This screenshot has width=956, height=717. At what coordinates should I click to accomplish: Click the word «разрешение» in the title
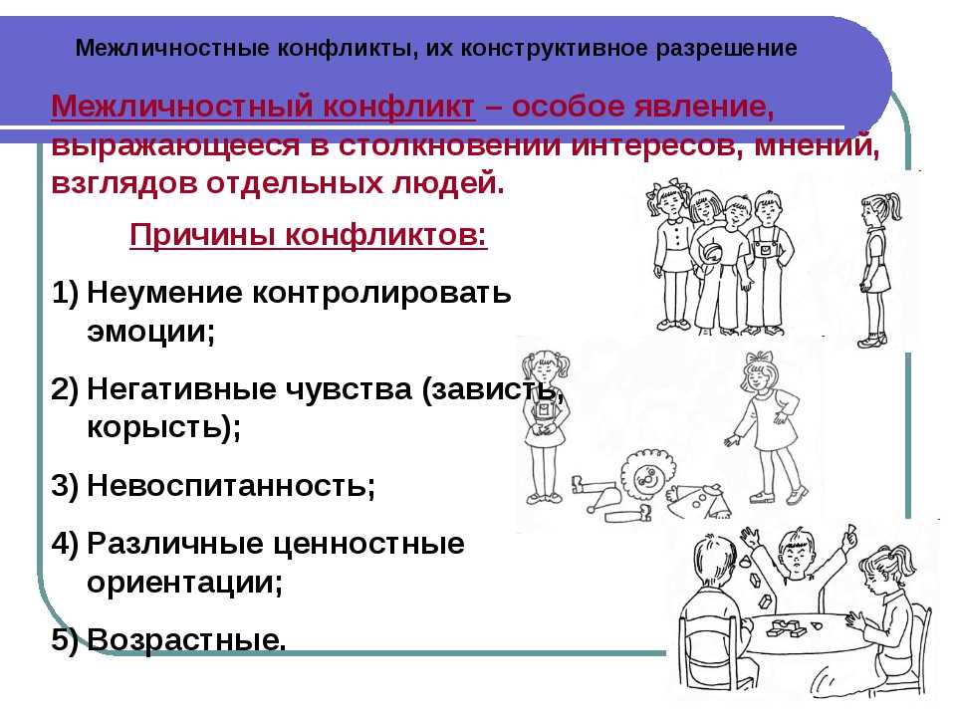726,48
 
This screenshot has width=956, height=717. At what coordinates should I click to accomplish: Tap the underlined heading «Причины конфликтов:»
309,235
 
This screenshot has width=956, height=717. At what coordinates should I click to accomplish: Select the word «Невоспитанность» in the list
228,485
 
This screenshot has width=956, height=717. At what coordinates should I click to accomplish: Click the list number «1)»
66,293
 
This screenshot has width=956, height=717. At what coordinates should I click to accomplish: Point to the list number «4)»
66,544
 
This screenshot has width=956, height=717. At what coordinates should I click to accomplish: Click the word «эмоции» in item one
147,332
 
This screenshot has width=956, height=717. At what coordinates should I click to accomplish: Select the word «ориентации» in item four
181,583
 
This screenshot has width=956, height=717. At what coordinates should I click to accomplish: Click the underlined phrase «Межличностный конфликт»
263,107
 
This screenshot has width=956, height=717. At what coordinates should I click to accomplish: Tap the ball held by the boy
711,252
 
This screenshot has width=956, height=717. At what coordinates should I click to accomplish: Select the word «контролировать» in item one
381,293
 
